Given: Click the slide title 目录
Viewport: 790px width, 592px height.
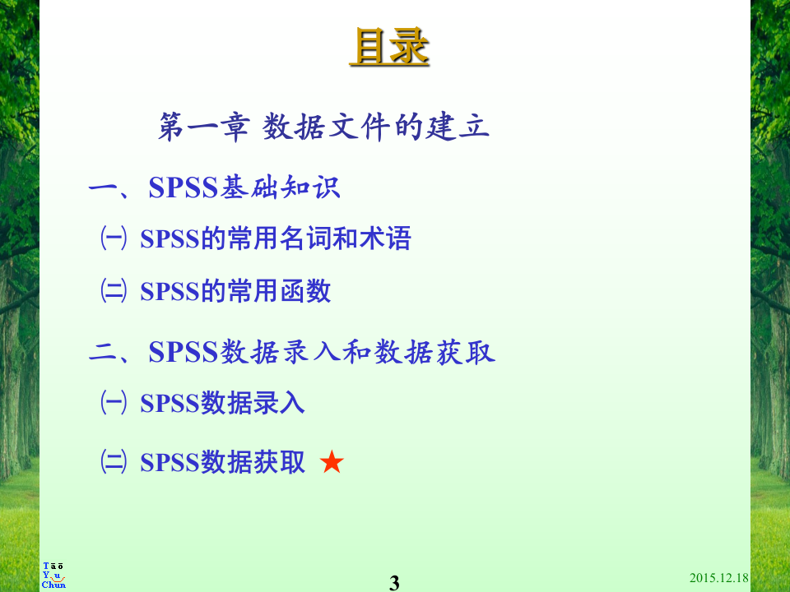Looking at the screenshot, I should coord(389,47).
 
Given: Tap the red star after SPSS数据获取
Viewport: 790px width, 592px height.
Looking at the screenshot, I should coord(332,463).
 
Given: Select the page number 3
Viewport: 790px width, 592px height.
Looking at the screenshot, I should coord(394,583).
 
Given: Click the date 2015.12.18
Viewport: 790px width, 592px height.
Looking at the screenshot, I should coord(718,578).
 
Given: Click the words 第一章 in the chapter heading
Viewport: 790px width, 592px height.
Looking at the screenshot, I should coord(203,127).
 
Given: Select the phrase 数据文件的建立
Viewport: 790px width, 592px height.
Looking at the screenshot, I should coord(376,127).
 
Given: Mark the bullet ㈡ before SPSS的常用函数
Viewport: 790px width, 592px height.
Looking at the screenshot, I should coord(113,291).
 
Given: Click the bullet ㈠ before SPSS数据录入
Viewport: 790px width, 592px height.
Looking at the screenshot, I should coord(113,403).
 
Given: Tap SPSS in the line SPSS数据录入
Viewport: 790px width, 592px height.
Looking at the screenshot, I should coord(170,404).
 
